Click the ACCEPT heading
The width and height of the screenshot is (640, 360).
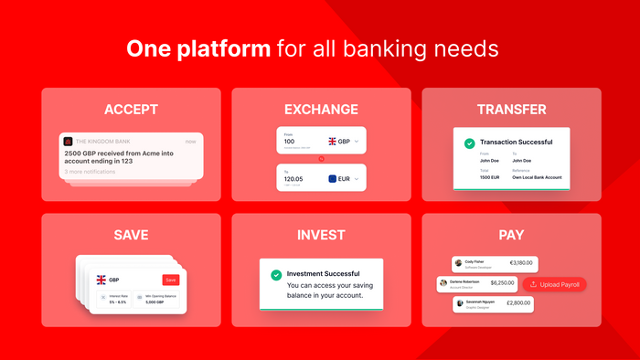(x=131, y=110)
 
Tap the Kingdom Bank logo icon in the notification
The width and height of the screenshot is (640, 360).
(x=68, y=142)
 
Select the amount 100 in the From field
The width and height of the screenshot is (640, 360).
(x=290, y=142)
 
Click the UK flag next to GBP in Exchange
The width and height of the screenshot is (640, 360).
(x=333, y=142)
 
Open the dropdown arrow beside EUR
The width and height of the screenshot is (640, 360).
(x=356, y=180)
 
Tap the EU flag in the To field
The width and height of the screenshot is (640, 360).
(x=333, y=180)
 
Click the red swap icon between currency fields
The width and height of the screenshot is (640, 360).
(x=321, y=159)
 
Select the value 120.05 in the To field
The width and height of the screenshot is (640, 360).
(x=294, y=180)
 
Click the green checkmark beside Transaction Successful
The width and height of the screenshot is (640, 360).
(x=469, y=143)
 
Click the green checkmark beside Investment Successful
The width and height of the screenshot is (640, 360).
(x=275, y=274)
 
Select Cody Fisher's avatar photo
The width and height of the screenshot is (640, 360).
(x=458, y=263)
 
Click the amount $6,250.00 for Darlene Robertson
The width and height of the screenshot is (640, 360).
(x=503, y=283)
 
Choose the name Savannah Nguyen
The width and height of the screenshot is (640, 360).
(x=484, y=301)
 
